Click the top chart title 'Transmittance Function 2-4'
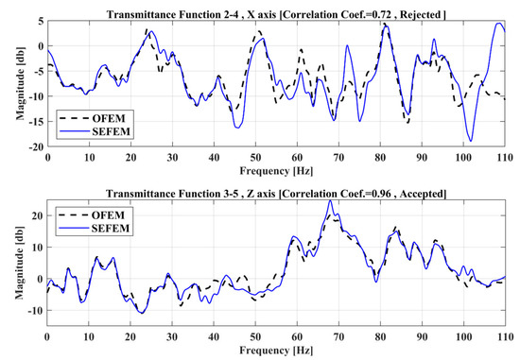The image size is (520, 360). [189, 8]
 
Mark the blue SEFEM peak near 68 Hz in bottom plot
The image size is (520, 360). [329, 201]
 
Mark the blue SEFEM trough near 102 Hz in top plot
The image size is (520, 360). [471, 141]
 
